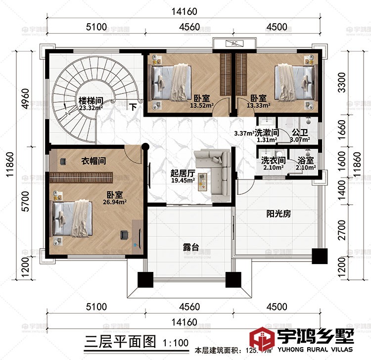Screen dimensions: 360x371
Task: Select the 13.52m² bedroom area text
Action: click(x=203, y=105)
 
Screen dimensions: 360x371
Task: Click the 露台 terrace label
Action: click(x=188, y=246)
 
